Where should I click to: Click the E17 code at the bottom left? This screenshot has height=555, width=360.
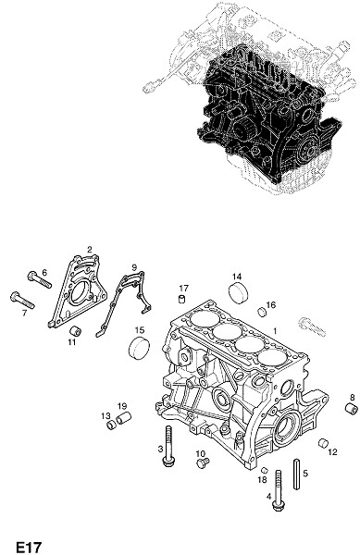point(29,547)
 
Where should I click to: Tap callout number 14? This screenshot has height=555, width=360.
point(237,277)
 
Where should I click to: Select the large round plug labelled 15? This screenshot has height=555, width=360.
point(139,349)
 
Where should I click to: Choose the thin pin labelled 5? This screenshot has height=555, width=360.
point(297,474)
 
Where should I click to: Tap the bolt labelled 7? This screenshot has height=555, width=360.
point(22,300)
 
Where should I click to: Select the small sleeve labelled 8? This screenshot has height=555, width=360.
point(351,409)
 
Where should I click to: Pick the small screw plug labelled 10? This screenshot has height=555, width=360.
point(203,462)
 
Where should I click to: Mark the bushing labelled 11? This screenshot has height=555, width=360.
point(75,332)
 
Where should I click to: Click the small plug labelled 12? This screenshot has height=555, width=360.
point(323,443)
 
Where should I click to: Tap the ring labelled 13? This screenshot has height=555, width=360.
point(111,424)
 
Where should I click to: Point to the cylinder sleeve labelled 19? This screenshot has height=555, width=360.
point(124,418)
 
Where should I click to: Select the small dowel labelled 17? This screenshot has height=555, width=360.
point(181,299)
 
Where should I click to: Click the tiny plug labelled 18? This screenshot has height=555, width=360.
point(264,470)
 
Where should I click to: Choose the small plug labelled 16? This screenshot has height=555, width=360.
point(262,312)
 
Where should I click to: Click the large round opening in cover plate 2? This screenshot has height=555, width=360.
point(81,292)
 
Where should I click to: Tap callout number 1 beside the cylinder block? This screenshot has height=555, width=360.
point(275,331)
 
